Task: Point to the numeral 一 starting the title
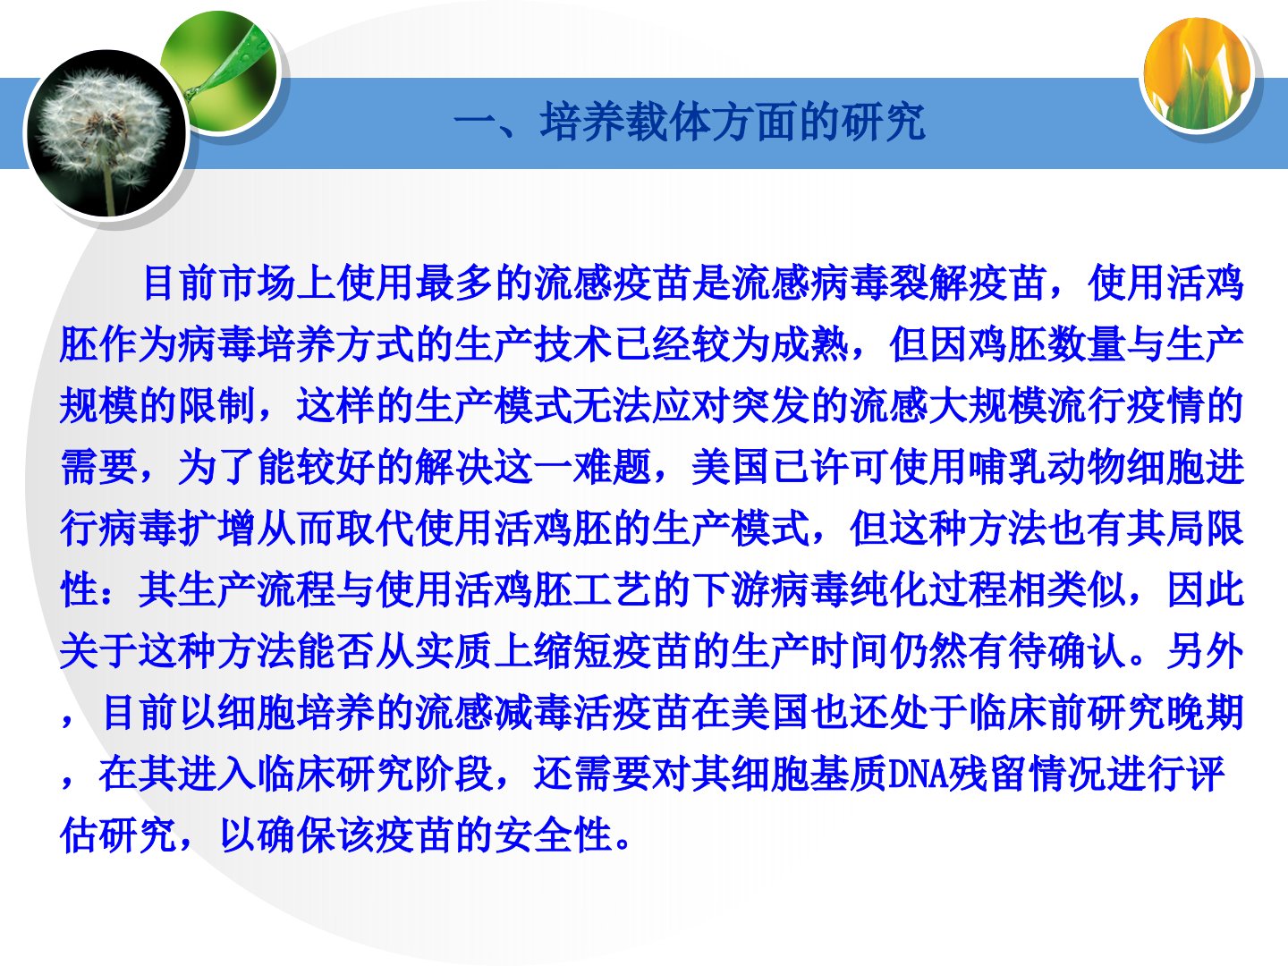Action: pos(475,124)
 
